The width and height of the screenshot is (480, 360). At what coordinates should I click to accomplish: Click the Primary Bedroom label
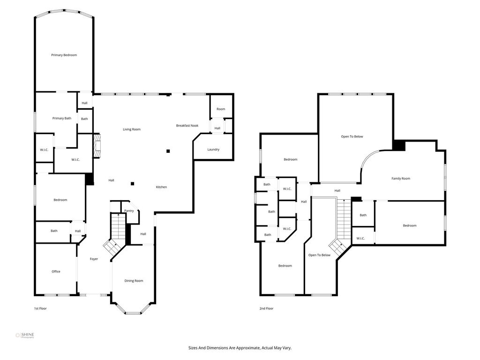(x=64, y=55)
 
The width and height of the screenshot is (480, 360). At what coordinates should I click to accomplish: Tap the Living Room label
(x=132, y=129)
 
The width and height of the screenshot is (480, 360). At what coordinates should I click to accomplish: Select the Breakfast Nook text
(x=187, y=126)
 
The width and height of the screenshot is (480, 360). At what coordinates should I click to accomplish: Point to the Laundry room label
(x=213, y=150)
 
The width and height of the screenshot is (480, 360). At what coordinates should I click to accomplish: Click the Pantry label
(x=129, y=210)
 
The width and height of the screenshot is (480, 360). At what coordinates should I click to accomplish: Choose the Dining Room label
(x=134, y=281)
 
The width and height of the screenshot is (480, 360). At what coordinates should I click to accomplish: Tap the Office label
(x=56, y=271)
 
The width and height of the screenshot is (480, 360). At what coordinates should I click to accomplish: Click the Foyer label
(x=94, y=259)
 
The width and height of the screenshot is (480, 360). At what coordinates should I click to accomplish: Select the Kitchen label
(x=161, y=187)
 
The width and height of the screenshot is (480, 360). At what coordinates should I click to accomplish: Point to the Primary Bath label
(x=62, y=118)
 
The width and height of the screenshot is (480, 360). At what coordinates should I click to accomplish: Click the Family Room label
(x=401, y=179)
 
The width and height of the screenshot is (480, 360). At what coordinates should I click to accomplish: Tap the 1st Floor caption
(x=40, y=308)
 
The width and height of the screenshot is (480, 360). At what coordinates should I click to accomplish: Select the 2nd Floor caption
(x=266, y=308)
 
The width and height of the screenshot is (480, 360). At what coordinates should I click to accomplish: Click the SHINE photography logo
(x=25, y=336)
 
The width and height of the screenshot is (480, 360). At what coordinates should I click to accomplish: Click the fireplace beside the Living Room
(x=97, y=146)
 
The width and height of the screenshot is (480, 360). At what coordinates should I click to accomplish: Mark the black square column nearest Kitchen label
(x=133, y=184)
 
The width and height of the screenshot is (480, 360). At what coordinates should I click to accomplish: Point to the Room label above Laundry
(x=221, y=109)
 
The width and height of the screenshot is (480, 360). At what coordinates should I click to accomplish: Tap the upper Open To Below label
(x=352, y=136)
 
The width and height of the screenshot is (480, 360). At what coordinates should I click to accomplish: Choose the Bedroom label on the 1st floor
(x=60, y=200)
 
